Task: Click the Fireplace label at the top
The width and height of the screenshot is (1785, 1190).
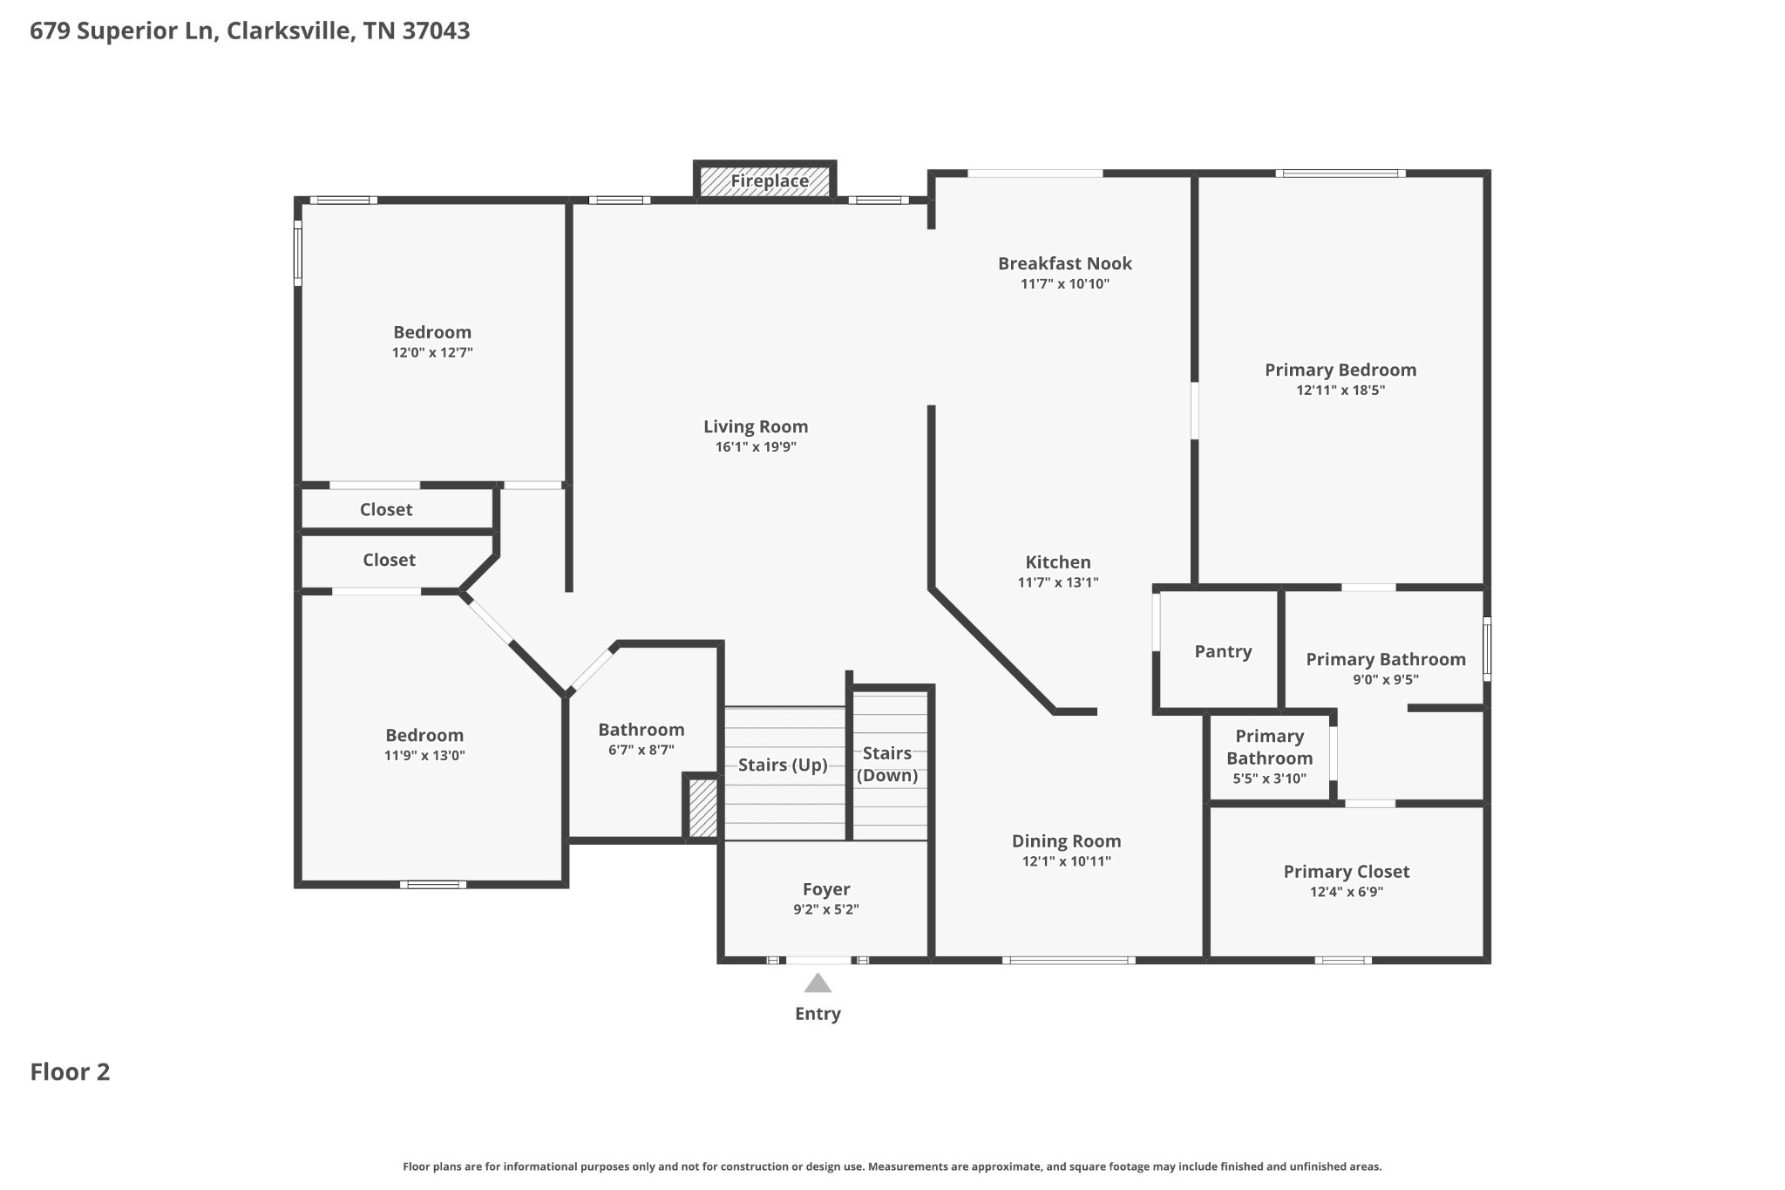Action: (x=769, y=181)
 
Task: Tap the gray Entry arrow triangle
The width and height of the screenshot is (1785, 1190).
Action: (x=818, y=983)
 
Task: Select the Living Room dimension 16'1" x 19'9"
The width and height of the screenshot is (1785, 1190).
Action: (x=756, y=447)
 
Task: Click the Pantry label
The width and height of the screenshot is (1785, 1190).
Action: (x=1223, y=651)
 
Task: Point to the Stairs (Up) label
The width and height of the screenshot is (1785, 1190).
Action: (x=782, y=765)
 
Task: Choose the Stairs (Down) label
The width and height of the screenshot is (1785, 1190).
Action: (x=887, y=764)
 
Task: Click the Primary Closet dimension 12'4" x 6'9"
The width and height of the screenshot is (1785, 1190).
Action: (x=1346, y=892)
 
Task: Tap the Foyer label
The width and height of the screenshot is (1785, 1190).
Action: (x=826, y=889)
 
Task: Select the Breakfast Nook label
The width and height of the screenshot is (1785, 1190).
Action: (x=1064, y=263)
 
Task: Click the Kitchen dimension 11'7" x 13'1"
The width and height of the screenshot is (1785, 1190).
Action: (x=1057, y=582)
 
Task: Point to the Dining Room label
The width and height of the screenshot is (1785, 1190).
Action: (x=1066, y=841)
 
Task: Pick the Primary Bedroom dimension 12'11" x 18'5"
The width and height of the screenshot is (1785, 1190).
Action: (x=1340, y=391)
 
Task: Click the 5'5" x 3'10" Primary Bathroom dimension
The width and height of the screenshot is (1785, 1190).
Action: (x=1269, y=779)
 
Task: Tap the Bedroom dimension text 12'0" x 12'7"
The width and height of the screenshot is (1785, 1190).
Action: (x=432, y=353)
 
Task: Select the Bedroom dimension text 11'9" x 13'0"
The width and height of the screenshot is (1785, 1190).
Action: (x=424, y=756)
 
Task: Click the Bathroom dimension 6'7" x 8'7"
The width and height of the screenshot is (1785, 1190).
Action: (x=641, y=750)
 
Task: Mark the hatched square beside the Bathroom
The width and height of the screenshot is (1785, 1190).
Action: (x=703, y=808)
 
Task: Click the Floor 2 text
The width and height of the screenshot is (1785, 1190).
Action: (x=70, y=1071)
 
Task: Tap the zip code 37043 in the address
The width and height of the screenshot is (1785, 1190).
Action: (x=436, y=31)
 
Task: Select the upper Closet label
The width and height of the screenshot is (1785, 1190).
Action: (x=386, y=509)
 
